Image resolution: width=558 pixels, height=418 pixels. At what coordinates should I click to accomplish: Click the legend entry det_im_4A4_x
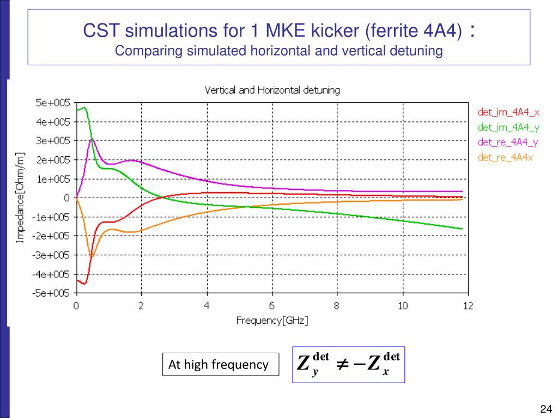(508, 112)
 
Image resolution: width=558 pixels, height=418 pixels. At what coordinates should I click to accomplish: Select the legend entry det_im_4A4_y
(508, 127)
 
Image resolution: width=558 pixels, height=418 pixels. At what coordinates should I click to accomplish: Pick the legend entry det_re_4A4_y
(508, 143)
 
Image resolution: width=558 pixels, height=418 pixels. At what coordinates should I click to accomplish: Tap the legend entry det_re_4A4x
(505, 158)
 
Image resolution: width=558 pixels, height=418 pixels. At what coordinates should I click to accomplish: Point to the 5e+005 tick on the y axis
(53, 103)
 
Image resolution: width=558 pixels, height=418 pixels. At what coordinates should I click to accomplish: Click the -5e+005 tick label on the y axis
(52, 293)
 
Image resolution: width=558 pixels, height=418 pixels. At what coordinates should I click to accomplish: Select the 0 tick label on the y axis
(66, 198)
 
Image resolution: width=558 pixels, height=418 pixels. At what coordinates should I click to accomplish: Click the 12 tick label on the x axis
(468, 306)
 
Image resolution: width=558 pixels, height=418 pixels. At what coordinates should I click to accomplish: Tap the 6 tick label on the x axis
(272, 306)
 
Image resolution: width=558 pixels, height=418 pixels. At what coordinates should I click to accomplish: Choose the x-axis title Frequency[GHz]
(272, 321)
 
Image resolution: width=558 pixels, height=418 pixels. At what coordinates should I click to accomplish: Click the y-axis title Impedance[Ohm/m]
(20, 198)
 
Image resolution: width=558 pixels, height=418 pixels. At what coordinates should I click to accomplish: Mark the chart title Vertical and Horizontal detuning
(272, 90)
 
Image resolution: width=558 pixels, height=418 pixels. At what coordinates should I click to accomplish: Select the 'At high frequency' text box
(219, 365)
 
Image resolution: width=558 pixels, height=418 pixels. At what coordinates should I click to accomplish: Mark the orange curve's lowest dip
(92, 257)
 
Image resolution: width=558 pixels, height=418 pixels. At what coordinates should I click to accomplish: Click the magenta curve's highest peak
(92, 139)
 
